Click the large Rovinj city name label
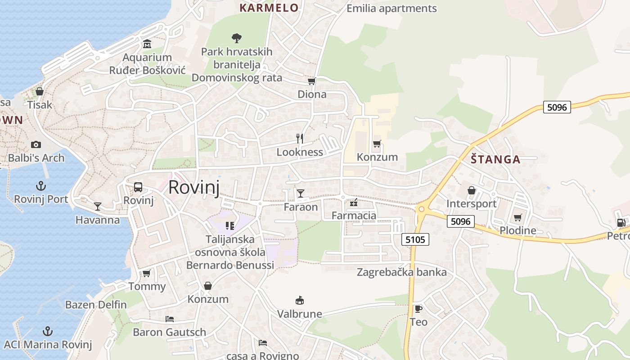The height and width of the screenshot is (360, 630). (x=193, y=187)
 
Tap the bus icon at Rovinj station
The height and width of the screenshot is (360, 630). (x=138, y=187)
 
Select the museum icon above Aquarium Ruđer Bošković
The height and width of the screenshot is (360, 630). (x=147, y=44)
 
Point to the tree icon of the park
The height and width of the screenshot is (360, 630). (x=236, y=38)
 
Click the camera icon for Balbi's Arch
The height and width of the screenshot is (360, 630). (x=36, y=144)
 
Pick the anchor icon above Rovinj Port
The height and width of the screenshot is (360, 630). (x=41, y=186)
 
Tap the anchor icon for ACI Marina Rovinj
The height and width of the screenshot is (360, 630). (x=47, y=332)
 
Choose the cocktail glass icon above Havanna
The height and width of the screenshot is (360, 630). (x=98, y=207)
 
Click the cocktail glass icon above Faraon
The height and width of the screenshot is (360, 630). (x=301, y=193)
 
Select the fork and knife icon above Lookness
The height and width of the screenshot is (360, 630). (x=300, y=139)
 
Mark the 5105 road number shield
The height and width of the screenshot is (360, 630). (x=415, y=239)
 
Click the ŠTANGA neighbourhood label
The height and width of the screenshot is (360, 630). (x=495, y=159)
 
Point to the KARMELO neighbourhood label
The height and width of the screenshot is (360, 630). (x=269, y=8)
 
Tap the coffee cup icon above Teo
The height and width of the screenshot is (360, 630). (x=418, y=309)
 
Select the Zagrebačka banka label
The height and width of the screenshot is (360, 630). (x=401, y=272)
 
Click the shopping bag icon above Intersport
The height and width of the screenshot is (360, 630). (x=472, y=191)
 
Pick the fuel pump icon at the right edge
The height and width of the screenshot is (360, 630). (x=621, y=222)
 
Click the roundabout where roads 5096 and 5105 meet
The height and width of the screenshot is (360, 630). (x=422, y=209)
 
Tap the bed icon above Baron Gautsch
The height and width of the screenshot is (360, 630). (x=170, y=319)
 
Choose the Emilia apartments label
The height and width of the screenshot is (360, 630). (x=391, y=9)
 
